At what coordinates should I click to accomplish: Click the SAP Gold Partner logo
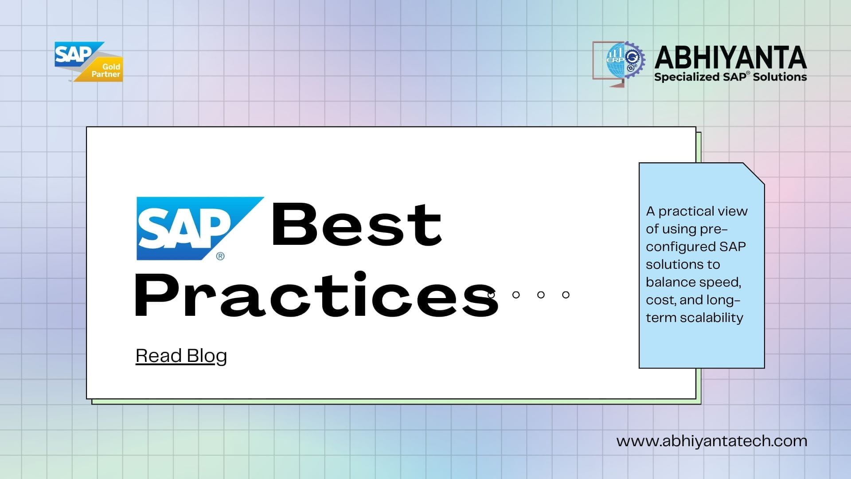coord(89,62)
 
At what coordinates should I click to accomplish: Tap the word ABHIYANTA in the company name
coord(730,58)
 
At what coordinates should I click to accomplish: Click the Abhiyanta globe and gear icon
coord(619,64)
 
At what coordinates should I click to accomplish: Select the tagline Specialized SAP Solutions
coord(730,77)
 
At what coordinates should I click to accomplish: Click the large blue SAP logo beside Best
coord(200,228)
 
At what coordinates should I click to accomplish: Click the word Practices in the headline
coord(316,295)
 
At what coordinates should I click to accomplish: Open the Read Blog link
coord(181,356)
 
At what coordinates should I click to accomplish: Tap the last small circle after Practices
coord(566,294)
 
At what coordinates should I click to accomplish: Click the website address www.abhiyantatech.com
coord(712,441)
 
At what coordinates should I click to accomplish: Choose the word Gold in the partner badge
coord(111,67)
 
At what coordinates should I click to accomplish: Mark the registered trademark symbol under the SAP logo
coord(220,256)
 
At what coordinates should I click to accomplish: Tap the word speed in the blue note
coord(718,283)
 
